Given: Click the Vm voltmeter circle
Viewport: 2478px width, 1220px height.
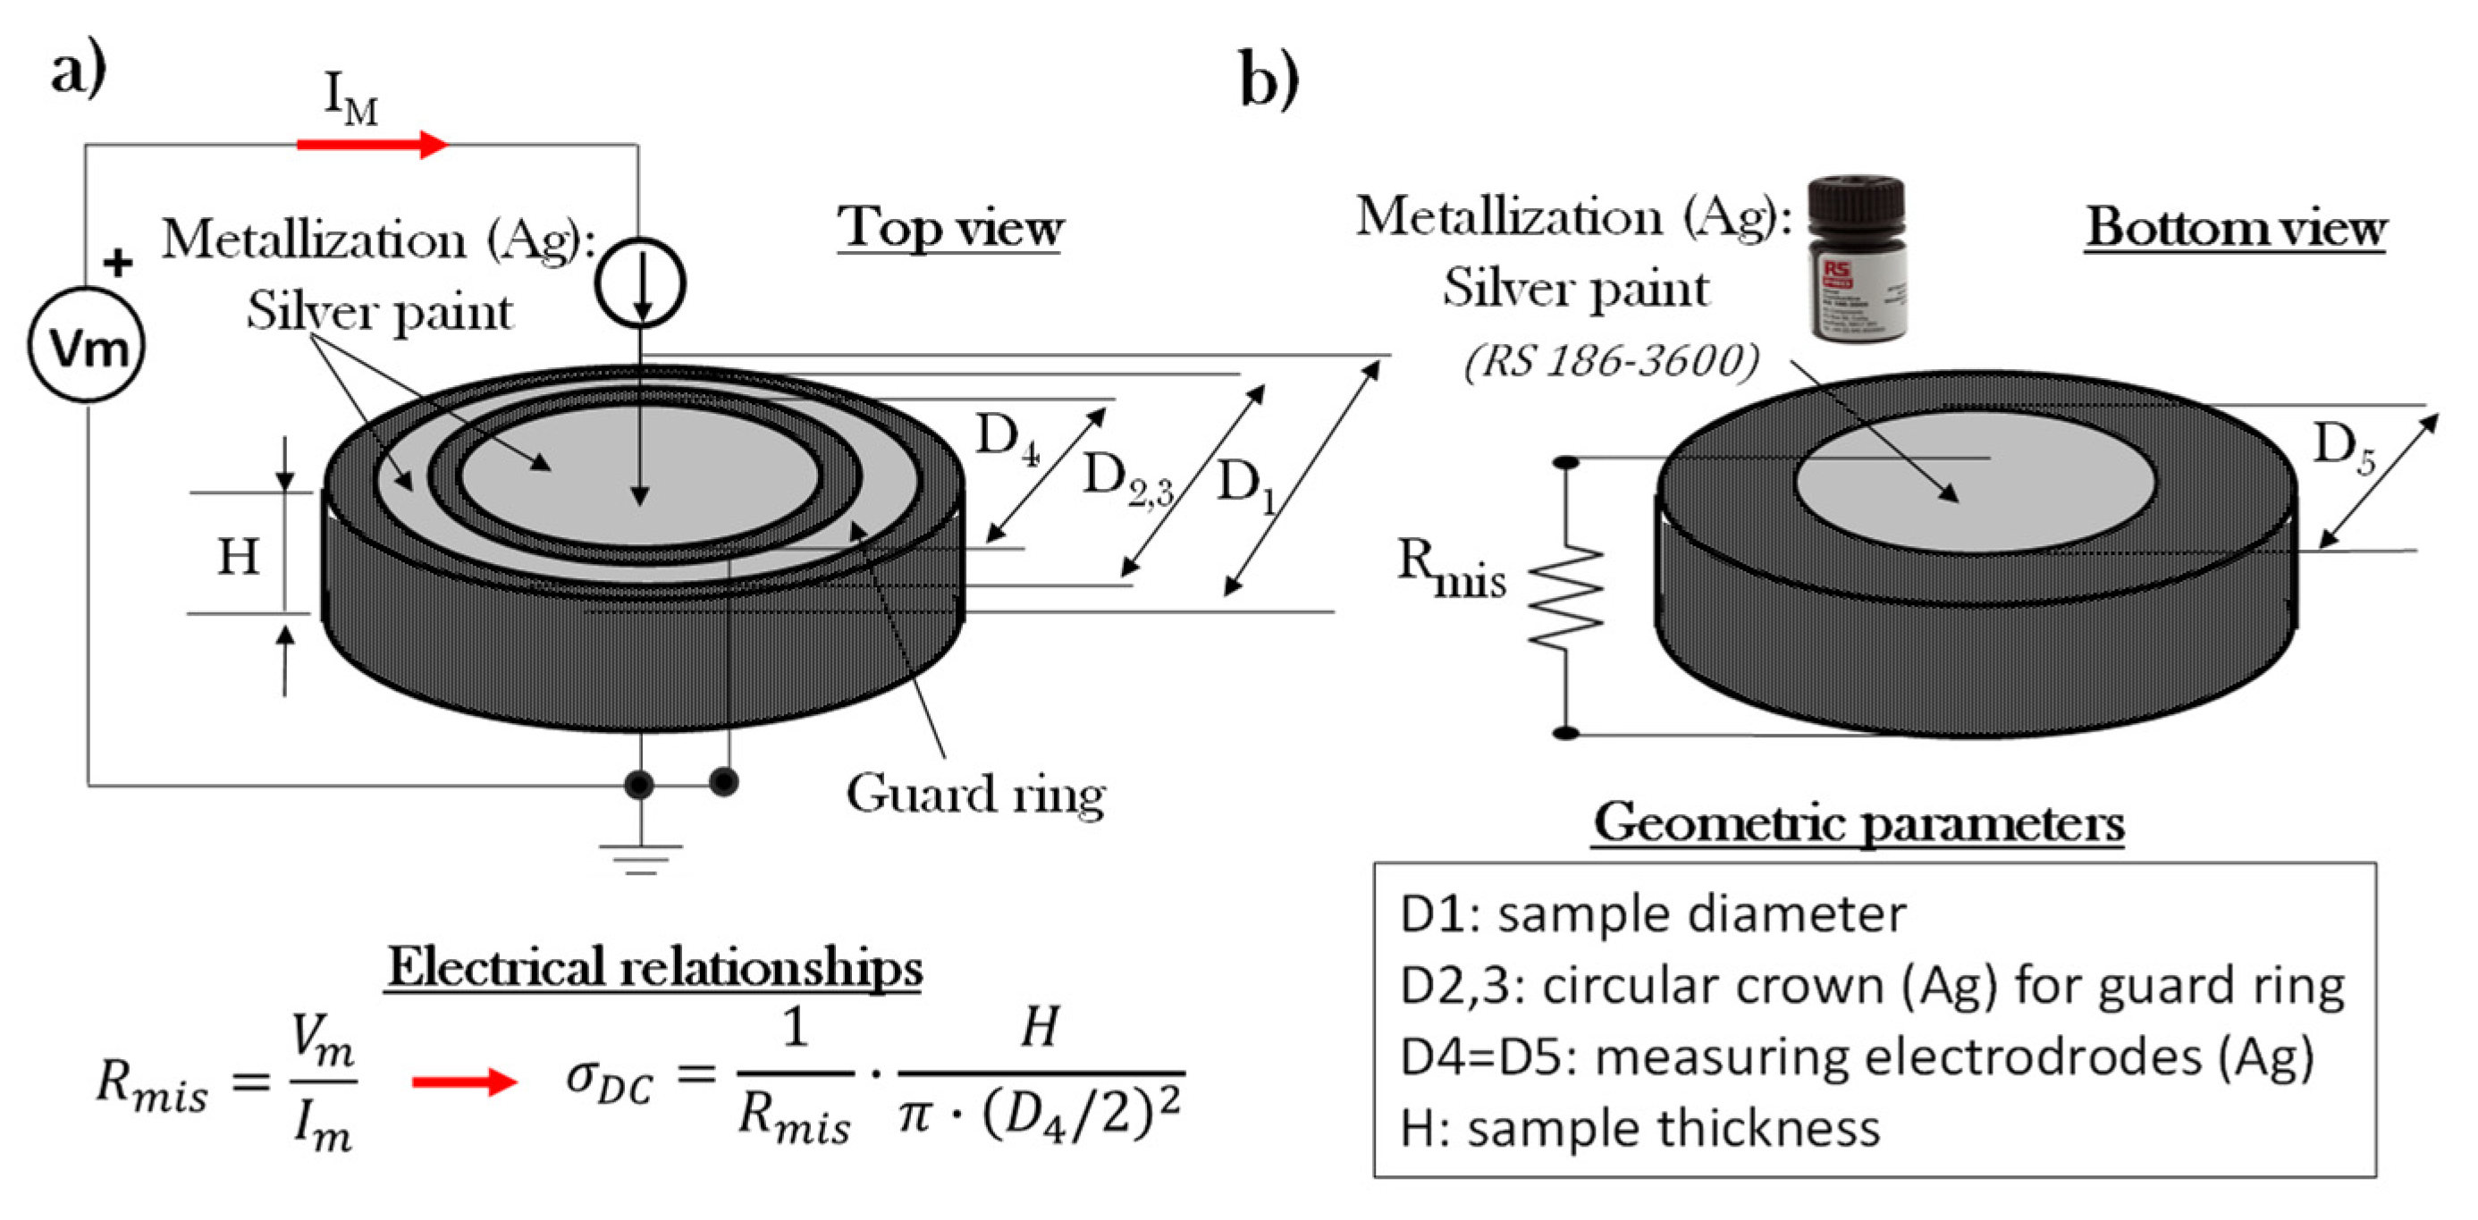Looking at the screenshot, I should click(x=87, y=344).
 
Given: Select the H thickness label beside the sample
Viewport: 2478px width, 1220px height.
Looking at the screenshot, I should click(x=238, y=556).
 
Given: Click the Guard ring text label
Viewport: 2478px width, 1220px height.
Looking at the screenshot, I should click(x=975, y=795).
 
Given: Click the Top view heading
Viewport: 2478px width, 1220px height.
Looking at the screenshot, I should click(x=949, y=228).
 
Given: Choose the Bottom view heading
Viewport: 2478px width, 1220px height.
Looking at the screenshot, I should click(x=2235, y=228).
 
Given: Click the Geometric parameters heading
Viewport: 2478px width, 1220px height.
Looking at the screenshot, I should click(x=1858, y=823).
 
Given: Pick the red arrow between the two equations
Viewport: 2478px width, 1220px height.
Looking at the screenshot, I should click(x=465, y=1081).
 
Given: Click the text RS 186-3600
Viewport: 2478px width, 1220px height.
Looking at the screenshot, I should click(x=1611, y=362).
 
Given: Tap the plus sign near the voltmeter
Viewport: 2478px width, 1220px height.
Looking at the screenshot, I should click(x=117, y=262).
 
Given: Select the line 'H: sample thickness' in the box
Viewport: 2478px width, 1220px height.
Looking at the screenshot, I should click(x=1640, y=1128).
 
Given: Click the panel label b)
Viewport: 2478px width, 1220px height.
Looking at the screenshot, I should click(x=1268, y=79).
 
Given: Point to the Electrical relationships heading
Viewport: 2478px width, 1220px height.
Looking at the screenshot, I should click(x=654, y=967).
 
